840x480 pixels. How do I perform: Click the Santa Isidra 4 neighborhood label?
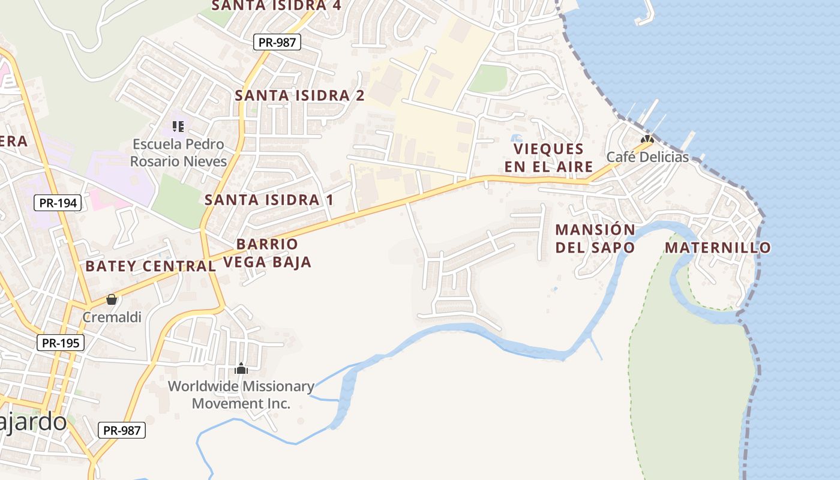(x=276, y=5)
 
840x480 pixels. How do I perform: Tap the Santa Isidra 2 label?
(x=299, y=95)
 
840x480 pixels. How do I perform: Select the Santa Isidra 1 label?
(x=269, y=200)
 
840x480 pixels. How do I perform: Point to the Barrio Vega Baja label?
(x=268, y=253)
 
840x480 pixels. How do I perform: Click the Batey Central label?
(x=150, y=266)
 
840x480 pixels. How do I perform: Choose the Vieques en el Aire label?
(x=548, y=158)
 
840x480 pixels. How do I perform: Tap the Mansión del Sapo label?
(x=595, y=238)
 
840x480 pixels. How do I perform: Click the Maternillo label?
(x=718, y=247)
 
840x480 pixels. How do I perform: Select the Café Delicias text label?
(x=647, y=157)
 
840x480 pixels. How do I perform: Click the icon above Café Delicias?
(x=647, y=139)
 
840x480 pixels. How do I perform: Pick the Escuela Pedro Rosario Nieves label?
(x=179, y=153)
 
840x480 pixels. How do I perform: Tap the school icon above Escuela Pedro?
(x=178, y=126)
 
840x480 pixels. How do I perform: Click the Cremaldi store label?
(x=112, y=317)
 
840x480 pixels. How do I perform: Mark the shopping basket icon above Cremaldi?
(x=112, y=299)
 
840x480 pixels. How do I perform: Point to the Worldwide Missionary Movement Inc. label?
(x=241, y=395)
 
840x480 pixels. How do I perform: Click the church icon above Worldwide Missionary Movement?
(x=241, y=368)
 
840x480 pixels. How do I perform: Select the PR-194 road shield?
(x=58, y=203)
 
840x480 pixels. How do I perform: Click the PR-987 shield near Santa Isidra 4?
(x=277, y=42)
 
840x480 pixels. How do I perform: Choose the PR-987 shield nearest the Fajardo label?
(x=122, y=430)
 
